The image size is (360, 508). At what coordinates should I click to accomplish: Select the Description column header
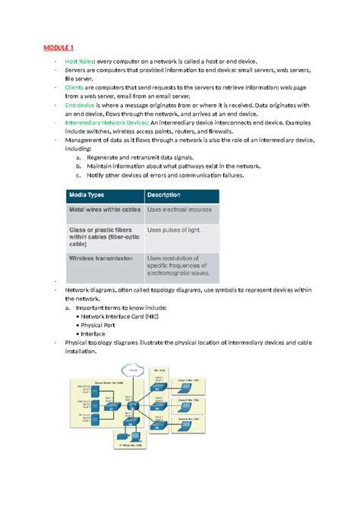168,194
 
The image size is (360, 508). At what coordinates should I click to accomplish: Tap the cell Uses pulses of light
175,229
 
